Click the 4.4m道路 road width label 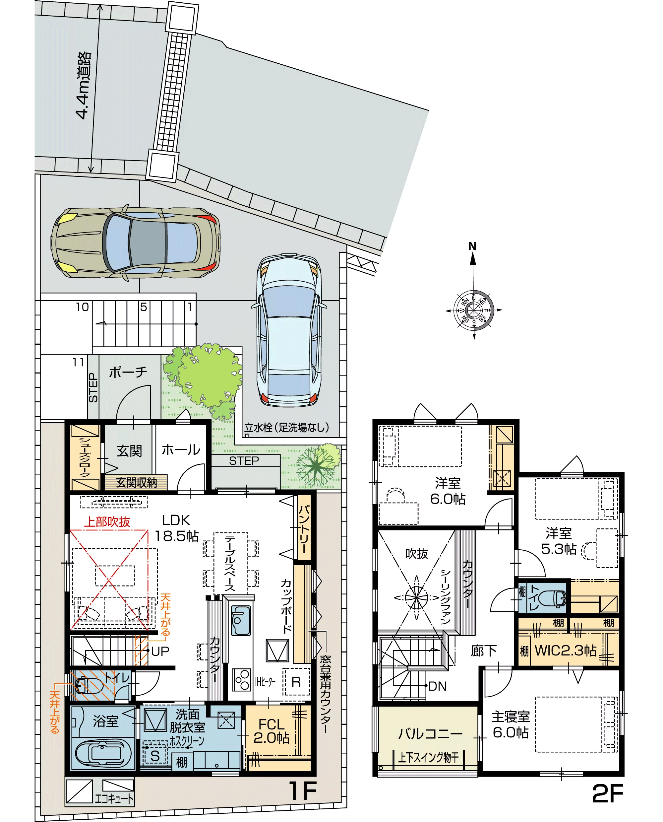click(83, 86)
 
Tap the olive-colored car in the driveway click(136, 243)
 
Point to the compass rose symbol click(474, 309)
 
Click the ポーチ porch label click(128, 372)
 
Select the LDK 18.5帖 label click(176, 528)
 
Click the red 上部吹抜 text click(107, 522)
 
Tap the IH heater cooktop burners click(242, 680)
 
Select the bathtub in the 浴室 click(103, 754)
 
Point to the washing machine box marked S click(155, 756)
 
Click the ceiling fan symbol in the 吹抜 click(417, 598)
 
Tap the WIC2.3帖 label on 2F click(566, 650)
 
